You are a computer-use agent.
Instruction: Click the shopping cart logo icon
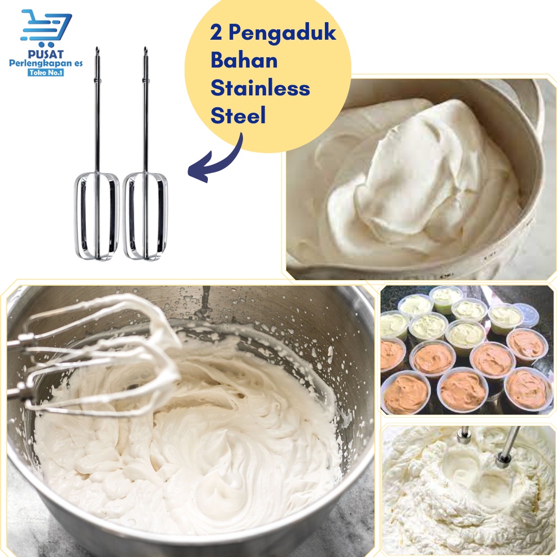click(x=46, y=28)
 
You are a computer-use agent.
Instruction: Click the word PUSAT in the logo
click(x=46, y=54)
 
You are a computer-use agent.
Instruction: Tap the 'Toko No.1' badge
click(x=46, y=72)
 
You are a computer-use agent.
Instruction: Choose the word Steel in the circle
click(x=238, y=115)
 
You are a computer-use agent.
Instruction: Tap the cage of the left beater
click(x=77, y=216)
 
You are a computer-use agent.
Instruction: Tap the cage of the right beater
click(x=126, y=216)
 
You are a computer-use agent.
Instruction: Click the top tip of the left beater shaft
click(x=97, y=47)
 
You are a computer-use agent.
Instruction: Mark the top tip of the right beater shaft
click(x=145, y=47)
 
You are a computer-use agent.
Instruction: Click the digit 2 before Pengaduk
click(x=216, y=33)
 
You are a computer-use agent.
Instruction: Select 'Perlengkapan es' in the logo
click(x=46, y=64)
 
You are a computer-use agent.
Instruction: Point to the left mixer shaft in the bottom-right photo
click(x=463, y=435)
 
